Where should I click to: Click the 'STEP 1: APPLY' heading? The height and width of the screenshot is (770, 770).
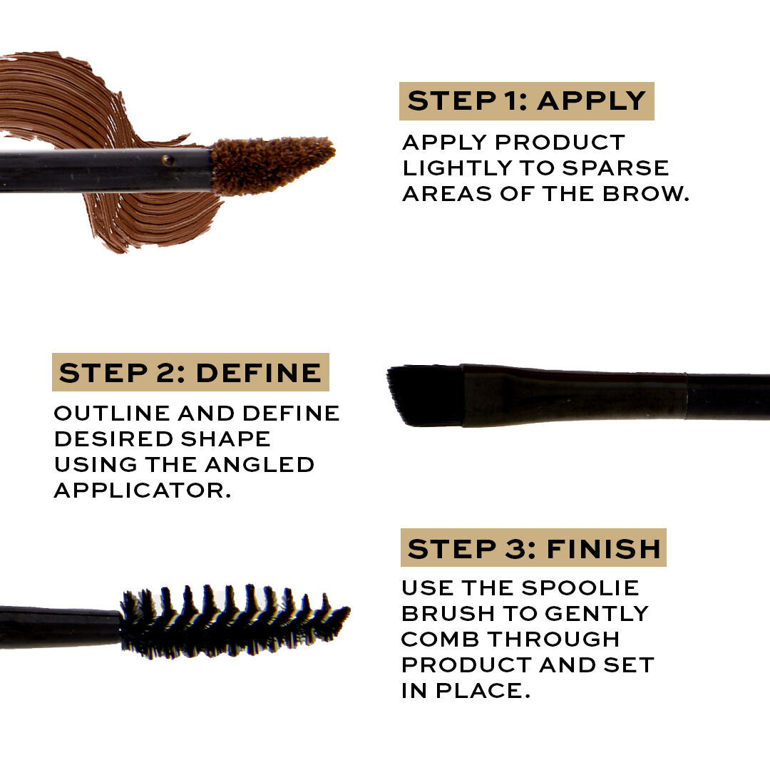click(x=526, y=101)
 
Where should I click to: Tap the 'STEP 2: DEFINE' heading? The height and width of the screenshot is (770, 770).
click(x=190, y=373)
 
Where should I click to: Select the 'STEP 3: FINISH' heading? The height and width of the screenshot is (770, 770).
click(x=533, y=548)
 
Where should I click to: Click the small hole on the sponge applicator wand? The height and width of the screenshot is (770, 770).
click(x=168, y=160)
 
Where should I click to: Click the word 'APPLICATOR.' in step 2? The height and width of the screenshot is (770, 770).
click(x=143, y=491)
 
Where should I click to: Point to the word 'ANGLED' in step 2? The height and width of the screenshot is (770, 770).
click(x=260, y=465)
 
